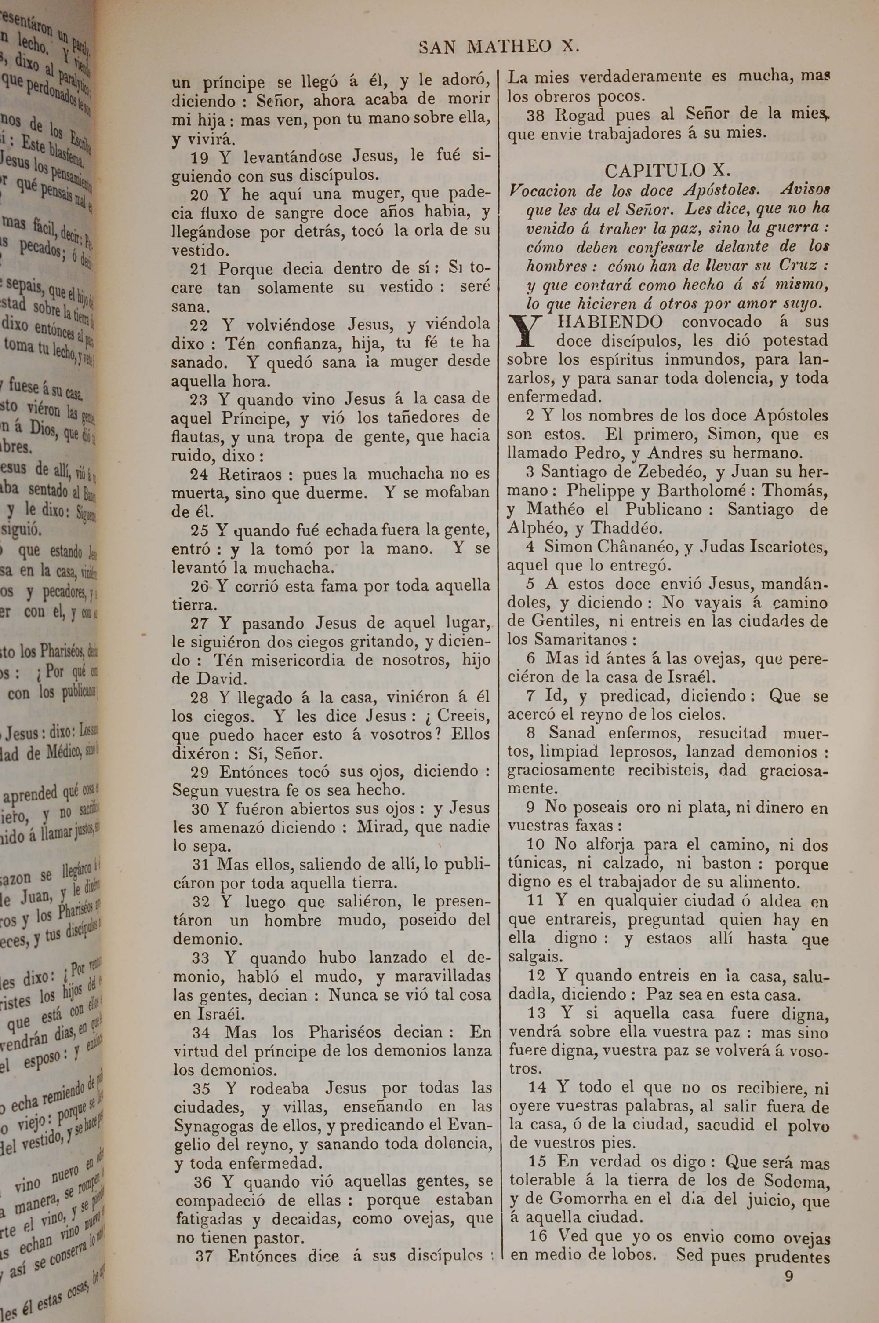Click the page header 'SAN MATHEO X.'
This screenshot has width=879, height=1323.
(x=498, y=47)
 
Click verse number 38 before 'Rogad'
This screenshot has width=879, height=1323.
(x=536, y=116)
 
